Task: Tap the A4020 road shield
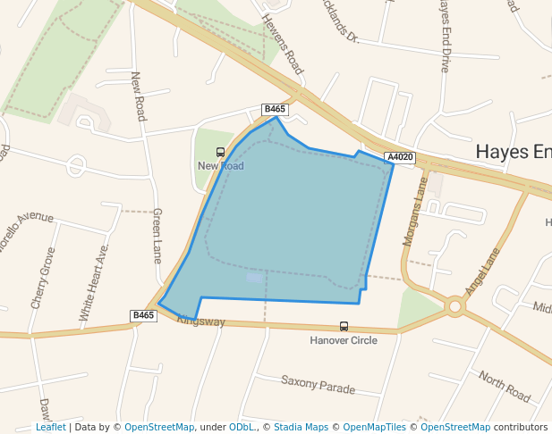coord(400,158)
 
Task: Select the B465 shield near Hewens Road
coord(275,109)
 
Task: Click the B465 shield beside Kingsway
coord(144,315)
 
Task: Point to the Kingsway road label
coord(200,321)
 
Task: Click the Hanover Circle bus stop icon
coord(344,327)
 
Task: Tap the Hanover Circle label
coord(344,340)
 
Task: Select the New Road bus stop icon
coord(221,152)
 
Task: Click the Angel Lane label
coord(481,272)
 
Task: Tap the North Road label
coord(505,386)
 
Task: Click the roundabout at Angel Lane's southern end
coord(455,307)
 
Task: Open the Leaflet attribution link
coord(50,428)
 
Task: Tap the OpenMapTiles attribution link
coord(375,428)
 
